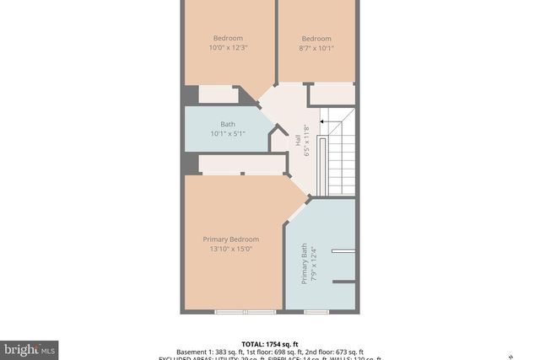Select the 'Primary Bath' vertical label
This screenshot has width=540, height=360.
tap(305, 263)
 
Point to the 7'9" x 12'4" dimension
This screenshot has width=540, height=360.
tap(313, 263)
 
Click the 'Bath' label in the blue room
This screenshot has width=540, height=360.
tap(228, 124)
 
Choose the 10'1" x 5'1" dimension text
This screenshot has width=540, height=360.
tap(228, 133)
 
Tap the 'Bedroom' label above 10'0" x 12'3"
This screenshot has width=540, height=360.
tap(228, 38)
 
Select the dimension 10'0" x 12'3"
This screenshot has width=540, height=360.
tap(228, 47)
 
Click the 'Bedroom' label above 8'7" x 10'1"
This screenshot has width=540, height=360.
tap(316, 38)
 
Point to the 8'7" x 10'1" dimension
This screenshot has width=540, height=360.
tap(316, 47)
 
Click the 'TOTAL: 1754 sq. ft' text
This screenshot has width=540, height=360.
tap(270, 344)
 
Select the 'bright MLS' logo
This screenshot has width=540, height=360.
tap(30, 348)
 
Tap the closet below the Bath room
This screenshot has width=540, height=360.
tap(240, 164)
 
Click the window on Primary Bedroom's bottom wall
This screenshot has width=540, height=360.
tap(234, 312)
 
